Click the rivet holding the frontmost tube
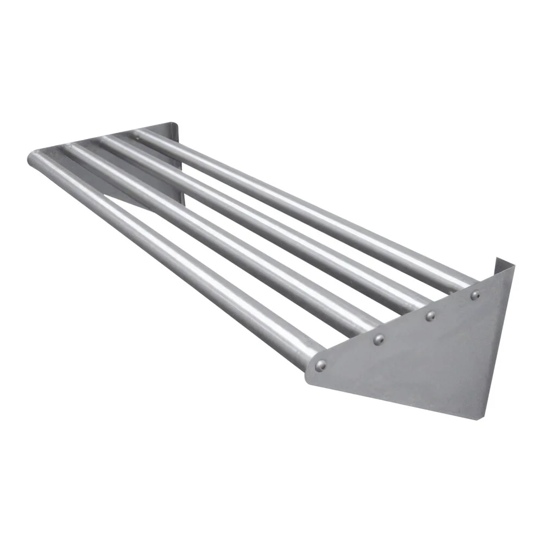(321, 365)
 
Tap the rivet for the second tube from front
(378, 340)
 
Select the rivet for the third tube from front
(430, 315)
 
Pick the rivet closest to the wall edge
(475, 295)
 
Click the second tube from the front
(217, 239)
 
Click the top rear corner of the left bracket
(177, 125)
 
